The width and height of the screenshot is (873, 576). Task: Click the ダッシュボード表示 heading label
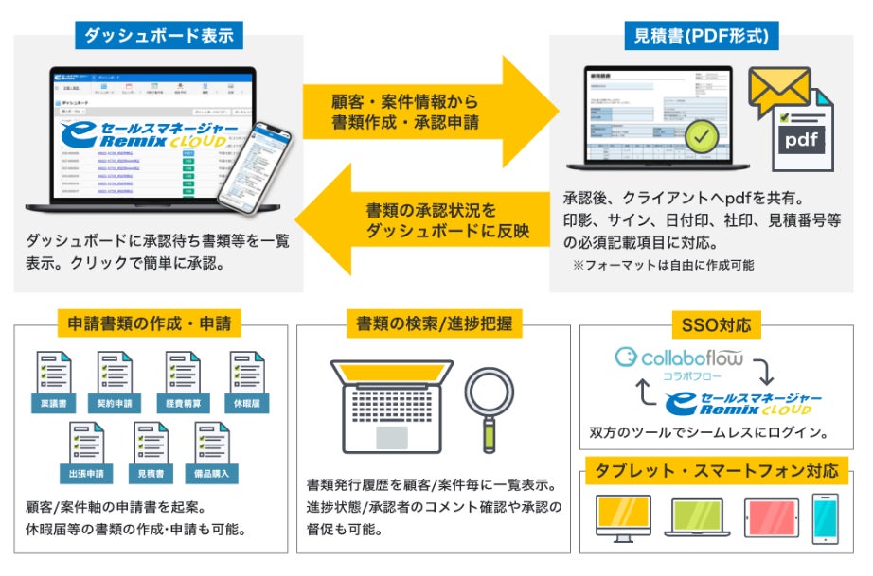pos(159,37)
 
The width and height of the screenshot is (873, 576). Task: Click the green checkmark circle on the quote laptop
pos(701,138)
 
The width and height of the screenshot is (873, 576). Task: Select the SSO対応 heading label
pos(716,325)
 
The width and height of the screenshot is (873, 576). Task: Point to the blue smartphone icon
pos(825,518)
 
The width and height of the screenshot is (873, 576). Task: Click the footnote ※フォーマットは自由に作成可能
pos(663,266)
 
